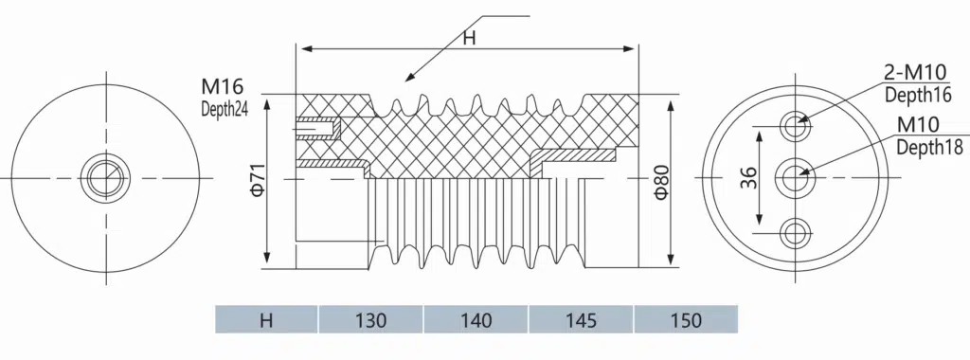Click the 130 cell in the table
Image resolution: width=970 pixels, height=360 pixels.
pyautogui.click(x=371, y=320)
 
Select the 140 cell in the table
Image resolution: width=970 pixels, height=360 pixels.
pyautogui.click(x=476, y=320)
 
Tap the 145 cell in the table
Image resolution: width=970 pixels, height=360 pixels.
pyautogui.click(x=582, y=320)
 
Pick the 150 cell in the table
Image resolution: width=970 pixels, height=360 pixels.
pyautogui.click(x=686, y=320)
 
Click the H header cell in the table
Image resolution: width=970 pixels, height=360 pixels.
pyautogui.click(x=266, y=320)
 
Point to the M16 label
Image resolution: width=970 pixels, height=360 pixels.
pyautogui.click(x=222, y=86)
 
